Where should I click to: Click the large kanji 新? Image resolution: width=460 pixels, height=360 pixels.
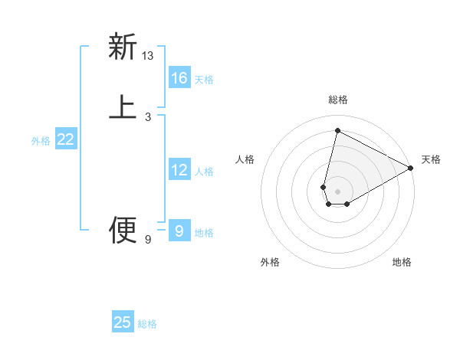[x=123, y=47]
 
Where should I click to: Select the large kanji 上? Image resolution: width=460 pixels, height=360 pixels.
[x=123, y=106]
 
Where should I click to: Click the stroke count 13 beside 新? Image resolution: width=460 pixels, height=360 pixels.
[x=148, y=56]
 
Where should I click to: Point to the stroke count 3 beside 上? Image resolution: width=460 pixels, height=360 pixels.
[x=148, y=116]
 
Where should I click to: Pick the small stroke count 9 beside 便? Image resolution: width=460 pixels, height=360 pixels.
[x=148, y=240]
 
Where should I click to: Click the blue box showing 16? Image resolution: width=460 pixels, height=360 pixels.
[x=179, y=78]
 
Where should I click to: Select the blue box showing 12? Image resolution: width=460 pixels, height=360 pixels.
[x=179, y=170]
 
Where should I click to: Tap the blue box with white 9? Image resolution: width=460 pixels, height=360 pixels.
[x=179, y=231]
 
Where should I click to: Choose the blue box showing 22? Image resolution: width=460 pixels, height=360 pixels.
[x=66, y=139]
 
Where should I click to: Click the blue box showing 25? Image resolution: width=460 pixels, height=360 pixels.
[x=123, y=322]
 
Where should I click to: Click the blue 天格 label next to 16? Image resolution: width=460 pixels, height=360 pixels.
[x=204, y=80]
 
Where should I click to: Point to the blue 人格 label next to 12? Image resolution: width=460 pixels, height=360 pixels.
[x=204, y=172]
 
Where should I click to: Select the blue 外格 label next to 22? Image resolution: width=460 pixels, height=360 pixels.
[x=41, y=141]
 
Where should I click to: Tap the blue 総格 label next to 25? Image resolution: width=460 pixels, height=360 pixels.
[x=147, y=324]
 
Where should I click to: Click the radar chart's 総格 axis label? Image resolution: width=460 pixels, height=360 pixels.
[x=337, y=100]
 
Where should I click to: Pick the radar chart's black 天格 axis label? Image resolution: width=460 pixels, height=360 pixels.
[x=431, y=159]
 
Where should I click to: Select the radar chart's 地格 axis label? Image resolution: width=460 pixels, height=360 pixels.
[x=402, y=262]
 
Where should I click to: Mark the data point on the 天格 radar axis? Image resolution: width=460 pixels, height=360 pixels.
[x=411, y=168]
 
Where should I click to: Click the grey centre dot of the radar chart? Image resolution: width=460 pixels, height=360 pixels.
[x=337, y=191]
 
